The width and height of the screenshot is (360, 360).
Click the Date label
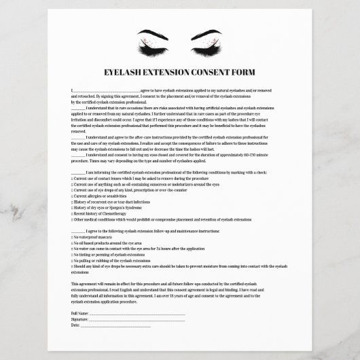(75, 325)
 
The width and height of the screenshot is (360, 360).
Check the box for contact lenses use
(72, 177)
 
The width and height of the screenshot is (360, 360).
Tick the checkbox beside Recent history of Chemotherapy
(72, 214)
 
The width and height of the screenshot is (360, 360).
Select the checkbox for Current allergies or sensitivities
(72, 196)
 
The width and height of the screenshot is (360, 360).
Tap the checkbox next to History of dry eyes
(72, 208)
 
